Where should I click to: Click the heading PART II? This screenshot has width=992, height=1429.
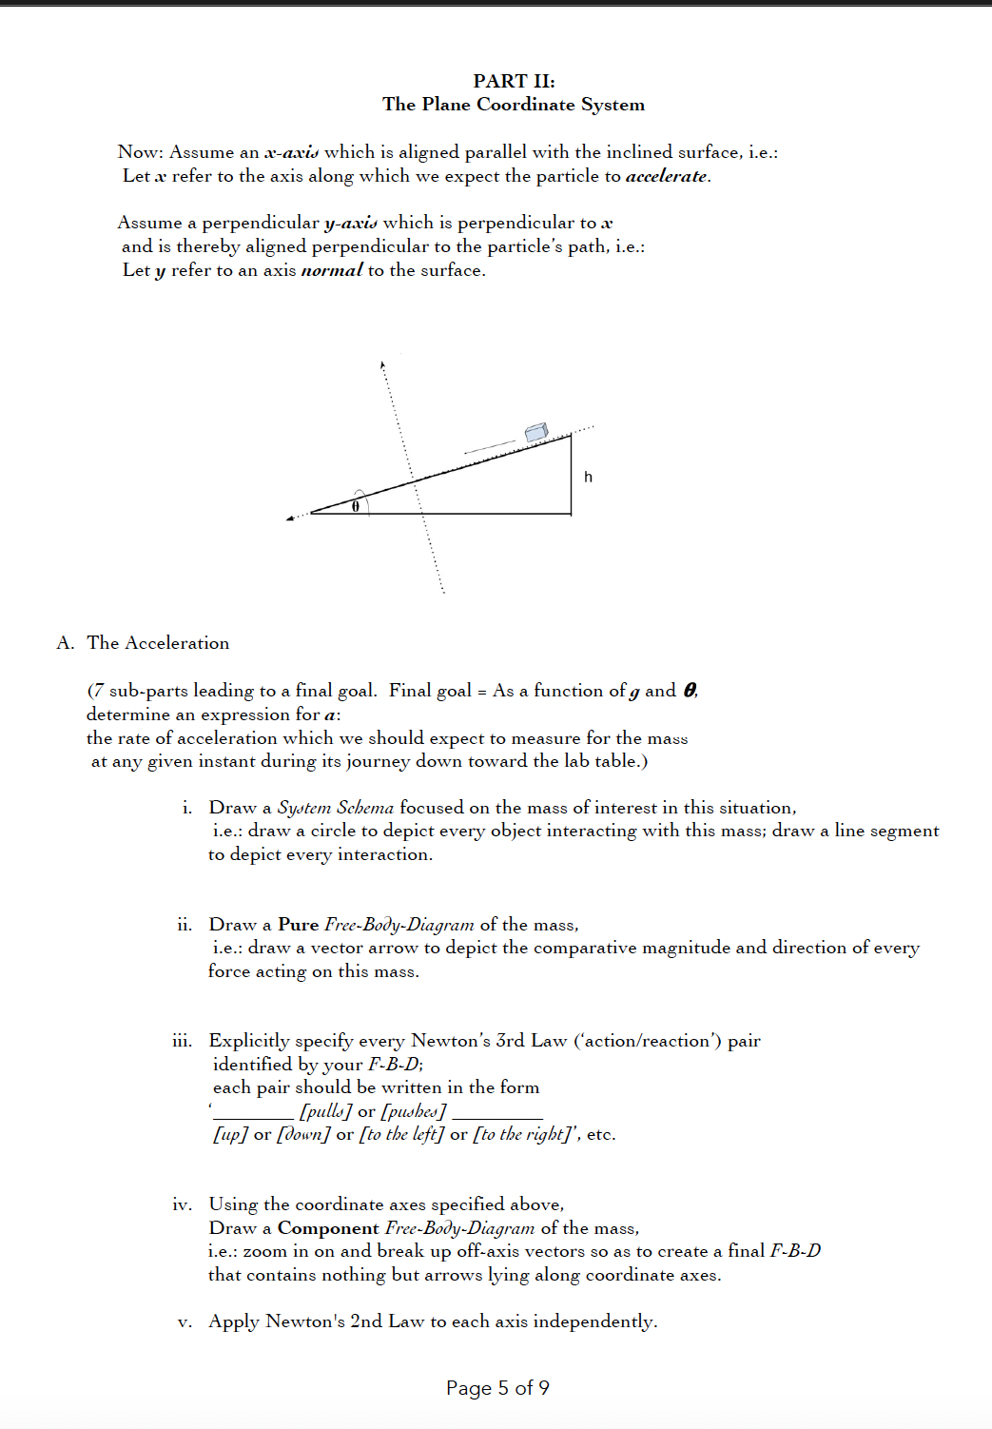pos(514,81)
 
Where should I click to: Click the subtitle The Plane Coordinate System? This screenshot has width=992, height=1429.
pos(514,105)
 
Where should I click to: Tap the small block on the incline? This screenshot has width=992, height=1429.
pos(536,432)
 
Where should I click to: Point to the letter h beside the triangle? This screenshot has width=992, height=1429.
pos(588,477)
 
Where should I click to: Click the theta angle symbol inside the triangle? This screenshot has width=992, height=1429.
pos(355,506)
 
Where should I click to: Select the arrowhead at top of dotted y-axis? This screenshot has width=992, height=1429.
pos(382,364)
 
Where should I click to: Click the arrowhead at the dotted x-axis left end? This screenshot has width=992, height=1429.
pos(290,519)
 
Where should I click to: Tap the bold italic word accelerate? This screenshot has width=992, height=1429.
pos(666,176)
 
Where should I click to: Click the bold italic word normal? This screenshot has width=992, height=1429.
pos(331,270)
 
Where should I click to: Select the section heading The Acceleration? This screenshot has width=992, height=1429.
pos(158,643)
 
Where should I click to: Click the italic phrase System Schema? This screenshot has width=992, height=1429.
pos(335,808)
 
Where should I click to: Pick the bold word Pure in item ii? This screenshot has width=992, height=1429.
pos(298,925)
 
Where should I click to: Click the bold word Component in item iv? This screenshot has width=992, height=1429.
pos(327,1228)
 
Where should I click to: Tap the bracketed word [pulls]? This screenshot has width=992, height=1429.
pos(325,1111)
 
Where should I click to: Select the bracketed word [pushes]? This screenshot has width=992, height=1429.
pos(413,1111)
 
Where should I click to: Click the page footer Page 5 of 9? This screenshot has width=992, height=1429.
pos(497,1388)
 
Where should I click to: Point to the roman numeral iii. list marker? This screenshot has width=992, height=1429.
pos(182,1041)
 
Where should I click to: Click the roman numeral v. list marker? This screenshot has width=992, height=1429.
pos(185,1321)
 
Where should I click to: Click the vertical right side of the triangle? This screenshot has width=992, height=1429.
pos(572,476)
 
